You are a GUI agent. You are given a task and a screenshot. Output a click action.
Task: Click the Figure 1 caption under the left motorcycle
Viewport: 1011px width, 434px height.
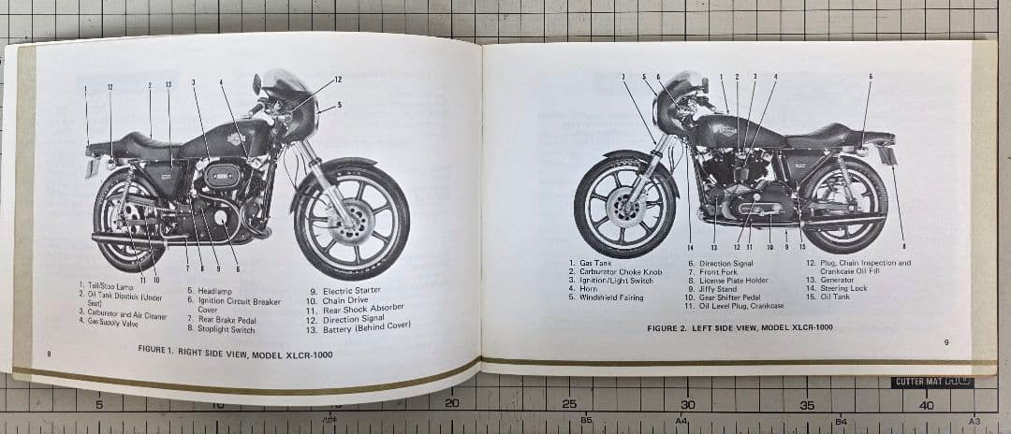[x=235, y=354]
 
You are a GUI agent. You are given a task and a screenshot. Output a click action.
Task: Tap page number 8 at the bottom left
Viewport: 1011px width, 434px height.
[x=49, y=353]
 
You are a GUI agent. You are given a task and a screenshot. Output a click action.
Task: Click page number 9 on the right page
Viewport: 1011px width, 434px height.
[x=945, y=342]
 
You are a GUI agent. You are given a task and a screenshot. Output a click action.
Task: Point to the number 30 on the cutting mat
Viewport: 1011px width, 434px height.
[x=687, y=404]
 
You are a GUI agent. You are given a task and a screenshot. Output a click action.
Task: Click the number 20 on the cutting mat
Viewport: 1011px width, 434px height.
[x=451, y=403]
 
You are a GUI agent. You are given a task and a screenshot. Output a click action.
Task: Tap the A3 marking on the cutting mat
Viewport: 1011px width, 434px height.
[x=975, y=422]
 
